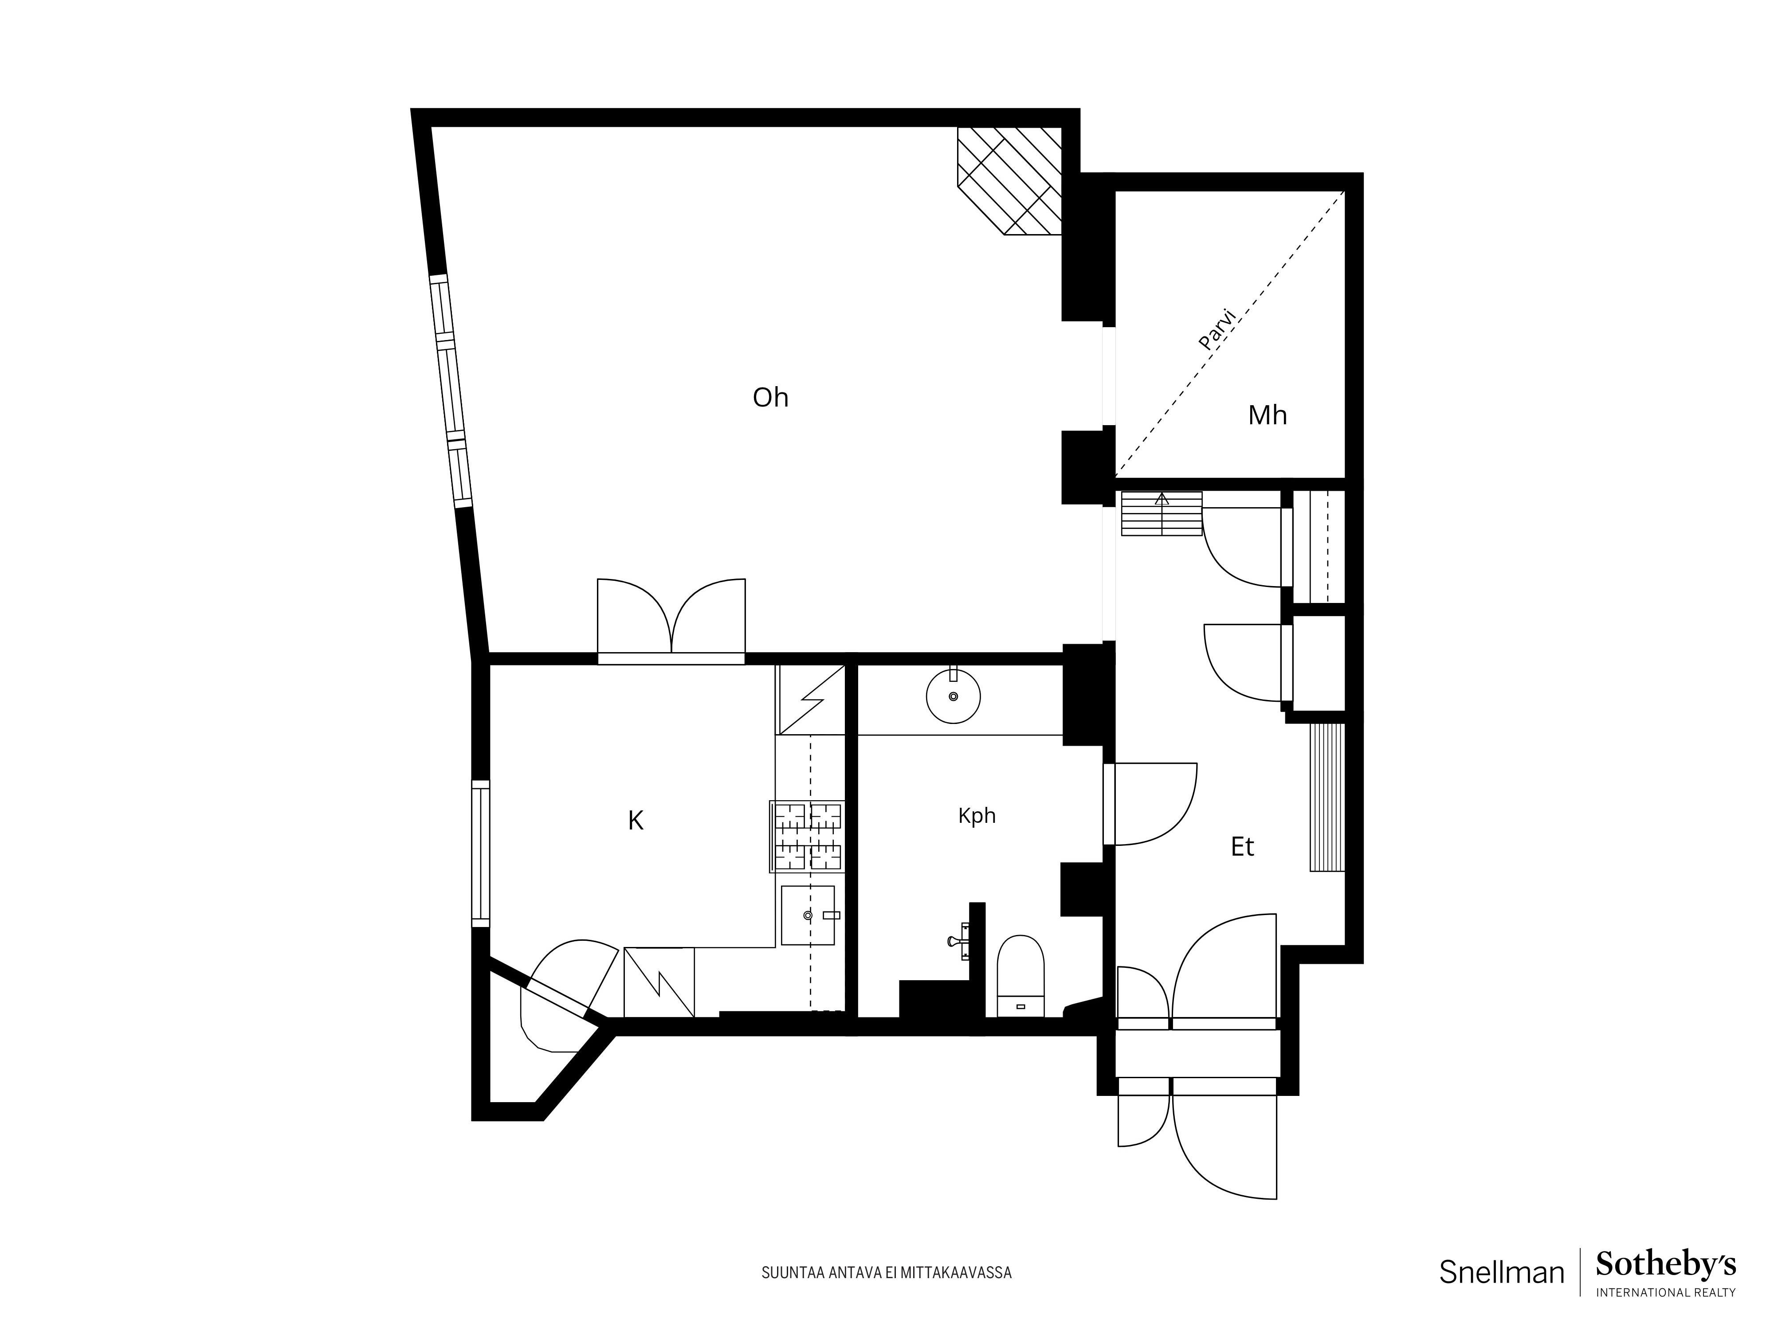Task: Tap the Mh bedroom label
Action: [x=1267, y=415]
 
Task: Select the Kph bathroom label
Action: [x=977, y=816]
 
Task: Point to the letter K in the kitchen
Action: [x=635, y=821]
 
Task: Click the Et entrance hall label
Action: [x=1242, y=847]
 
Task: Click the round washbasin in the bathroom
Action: [x=954, y=696]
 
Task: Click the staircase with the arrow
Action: [x=1161, y=513]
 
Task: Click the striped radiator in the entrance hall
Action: [x=1327, y=797]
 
